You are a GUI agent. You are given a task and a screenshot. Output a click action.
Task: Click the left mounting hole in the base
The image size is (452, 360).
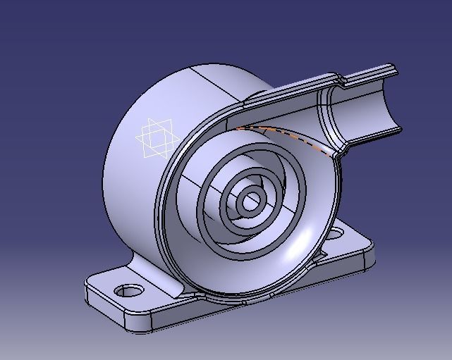[x=128, y=290]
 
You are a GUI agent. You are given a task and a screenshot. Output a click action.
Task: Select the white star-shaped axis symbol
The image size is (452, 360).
[x=154, y=138]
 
